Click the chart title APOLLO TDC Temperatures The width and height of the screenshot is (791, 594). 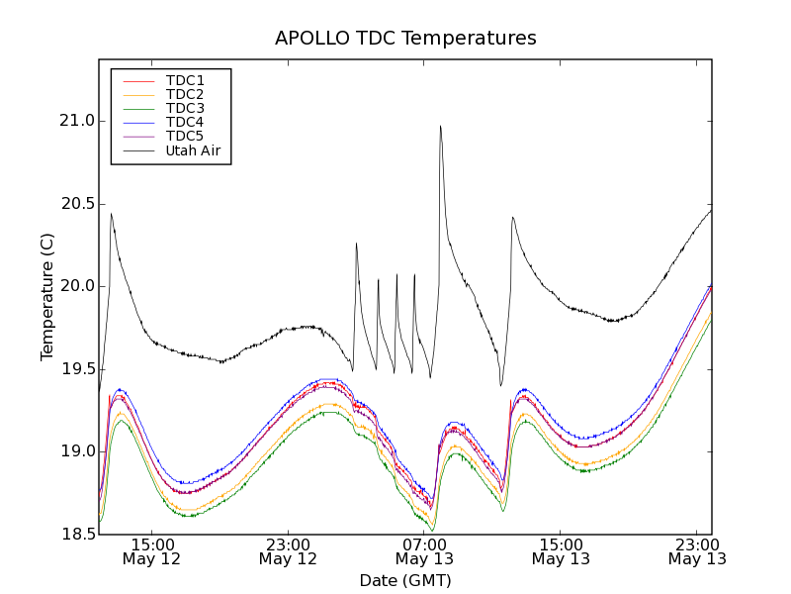click(405, 39)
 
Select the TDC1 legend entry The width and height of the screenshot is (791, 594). click(185, 80)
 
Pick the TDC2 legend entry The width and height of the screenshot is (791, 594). click(185, 94)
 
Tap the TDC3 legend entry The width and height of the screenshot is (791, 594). click(185, 108)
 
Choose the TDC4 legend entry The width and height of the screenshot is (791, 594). click(185, 122)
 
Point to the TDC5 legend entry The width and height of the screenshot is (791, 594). click(185, 136)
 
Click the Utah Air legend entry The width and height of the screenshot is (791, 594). click(193, 150)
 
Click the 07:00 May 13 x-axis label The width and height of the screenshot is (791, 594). click(424, 551)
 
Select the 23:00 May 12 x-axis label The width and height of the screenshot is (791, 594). click(288, 551)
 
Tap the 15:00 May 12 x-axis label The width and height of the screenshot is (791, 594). click(151, 551)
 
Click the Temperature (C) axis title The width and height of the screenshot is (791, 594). click(47, 297)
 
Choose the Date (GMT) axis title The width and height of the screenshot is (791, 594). click(405, 580)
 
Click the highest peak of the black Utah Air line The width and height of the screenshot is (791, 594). click(440, 126)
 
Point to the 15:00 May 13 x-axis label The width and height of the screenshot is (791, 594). click(561, 551)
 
